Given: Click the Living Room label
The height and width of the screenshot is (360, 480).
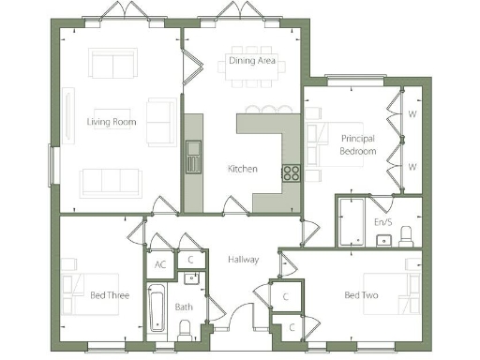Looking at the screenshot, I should tap(112, 122).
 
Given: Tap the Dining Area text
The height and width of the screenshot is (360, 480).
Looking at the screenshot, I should tap(252, 62).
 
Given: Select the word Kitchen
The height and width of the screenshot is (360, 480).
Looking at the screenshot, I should tap(243, 170).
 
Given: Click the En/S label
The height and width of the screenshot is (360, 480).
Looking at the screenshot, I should tap(383, 222).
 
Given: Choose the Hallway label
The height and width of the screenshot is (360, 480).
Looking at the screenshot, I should tap(242, 260).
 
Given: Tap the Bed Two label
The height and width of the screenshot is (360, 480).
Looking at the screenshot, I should tap(360, 296).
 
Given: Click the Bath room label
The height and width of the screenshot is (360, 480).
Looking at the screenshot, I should tap(184, 307).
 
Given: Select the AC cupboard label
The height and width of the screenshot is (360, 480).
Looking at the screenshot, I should tap(161, 264).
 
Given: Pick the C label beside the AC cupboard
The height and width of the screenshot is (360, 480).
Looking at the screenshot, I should tap(189, 260).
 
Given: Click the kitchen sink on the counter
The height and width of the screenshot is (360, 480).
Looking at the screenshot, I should tap(193, 156).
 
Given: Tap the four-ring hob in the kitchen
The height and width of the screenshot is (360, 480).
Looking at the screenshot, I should tap(291, 172).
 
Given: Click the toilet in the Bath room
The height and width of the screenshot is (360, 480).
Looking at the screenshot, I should tap(185, 329).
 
